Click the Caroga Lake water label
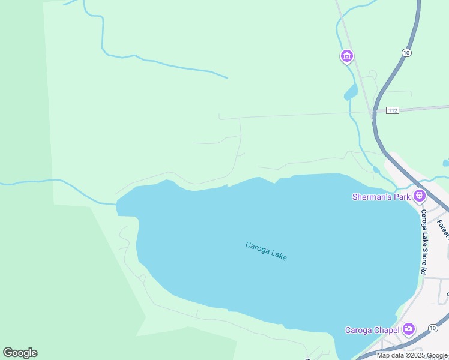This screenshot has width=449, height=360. pyautogui.click(x=266, y=251)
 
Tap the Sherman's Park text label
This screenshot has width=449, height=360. pyautogui.click(x=381, y=196)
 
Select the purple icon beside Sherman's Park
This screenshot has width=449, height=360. pyautogui.click(x=419, y=195)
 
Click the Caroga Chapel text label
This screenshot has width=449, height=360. pyautogui.click(x=372, y=329)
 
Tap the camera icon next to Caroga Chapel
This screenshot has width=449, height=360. pyautogui.click(x=409, y=328)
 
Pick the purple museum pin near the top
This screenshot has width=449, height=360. pyautogui.click(x=346, y=56)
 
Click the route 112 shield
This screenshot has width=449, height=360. pyautogui.click(x=393, y=110)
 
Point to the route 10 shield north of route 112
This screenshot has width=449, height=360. pyautogui.click(x=406, y=53)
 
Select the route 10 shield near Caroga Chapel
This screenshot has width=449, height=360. pyautogui.click(x=433, y=327)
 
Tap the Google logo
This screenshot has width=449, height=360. pyautogui.click(x=20, y=353)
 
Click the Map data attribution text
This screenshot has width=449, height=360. pyautogui.click(x=412, y=355)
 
